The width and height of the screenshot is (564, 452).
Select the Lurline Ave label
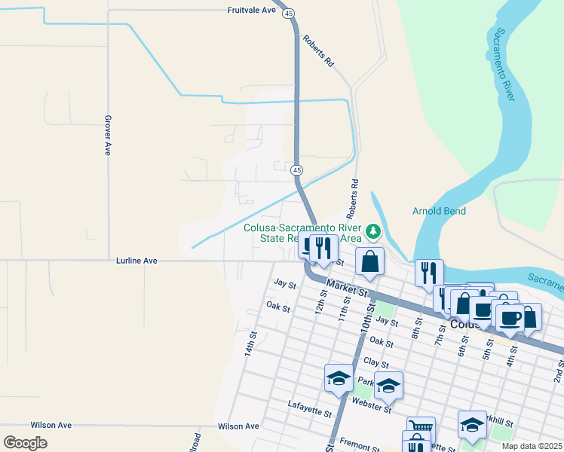pos(136,261)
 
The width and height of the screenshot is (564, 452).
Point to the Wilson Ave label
pos(52,426)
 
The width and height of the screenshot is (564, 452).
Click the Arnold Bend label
pos(439,211)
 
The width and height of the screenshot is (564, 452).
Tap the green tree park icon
pos(372,230)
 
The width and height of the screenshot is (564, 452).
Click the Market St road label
pos(348,288)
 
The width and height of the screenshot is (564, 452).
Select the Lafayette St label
pos(309,409)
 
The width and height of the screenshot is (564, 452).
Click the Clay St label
pos(374,363)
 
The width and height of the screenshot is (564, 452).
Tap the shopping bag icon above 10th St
pos(369,262)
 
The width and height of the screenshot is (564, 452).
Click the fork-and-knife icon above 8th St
pos(429,273)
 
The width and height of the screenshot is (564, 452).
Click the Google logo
pos(25,443)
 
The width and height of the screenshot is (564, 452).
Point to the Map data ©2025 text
pos(532,446)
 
